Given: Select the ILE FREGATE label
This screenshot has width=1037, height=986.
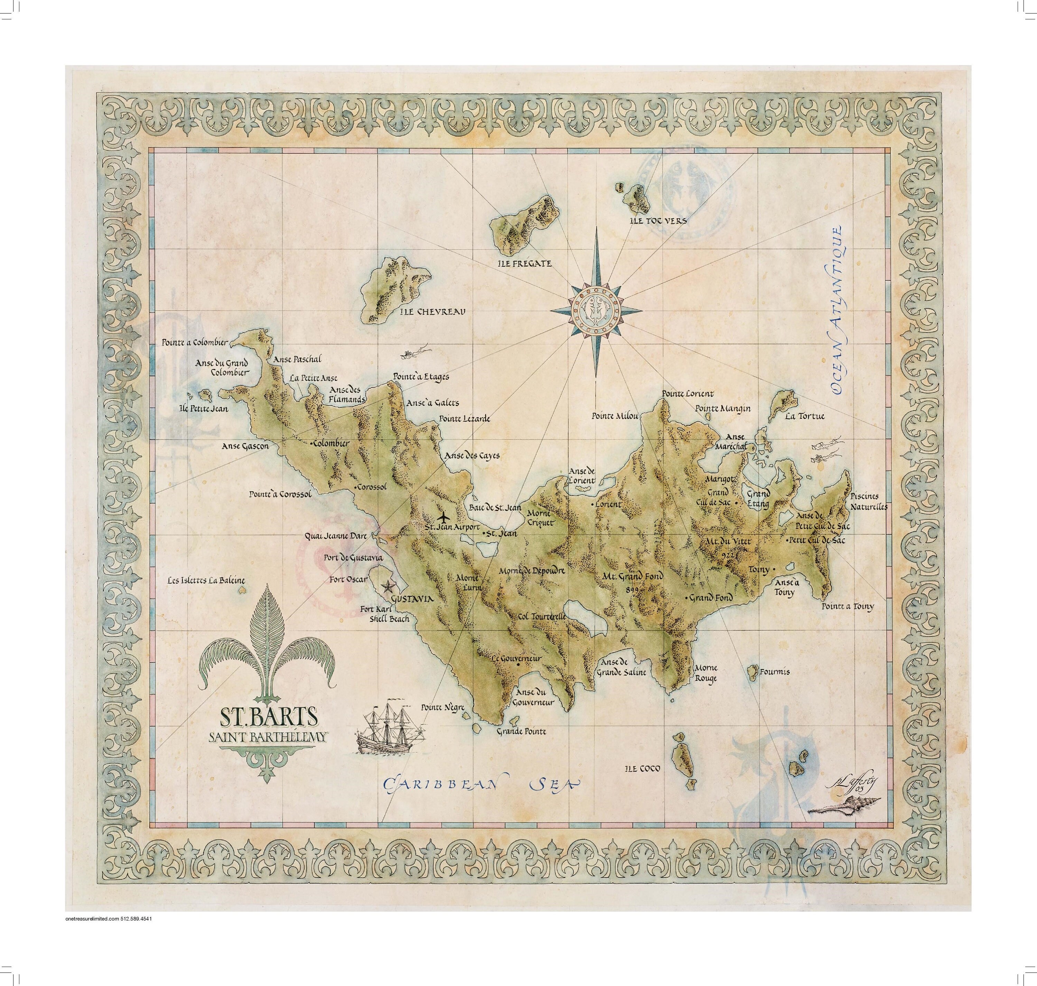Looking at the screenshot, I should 524,263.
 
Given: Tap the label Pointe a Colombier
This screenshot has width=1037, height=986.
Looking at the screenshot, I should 195,343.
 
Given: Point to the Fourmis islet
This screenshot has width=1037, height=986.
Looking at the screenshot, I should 750,671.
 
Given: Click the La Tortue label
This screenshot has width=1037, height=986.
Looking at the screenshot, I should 804,416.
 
